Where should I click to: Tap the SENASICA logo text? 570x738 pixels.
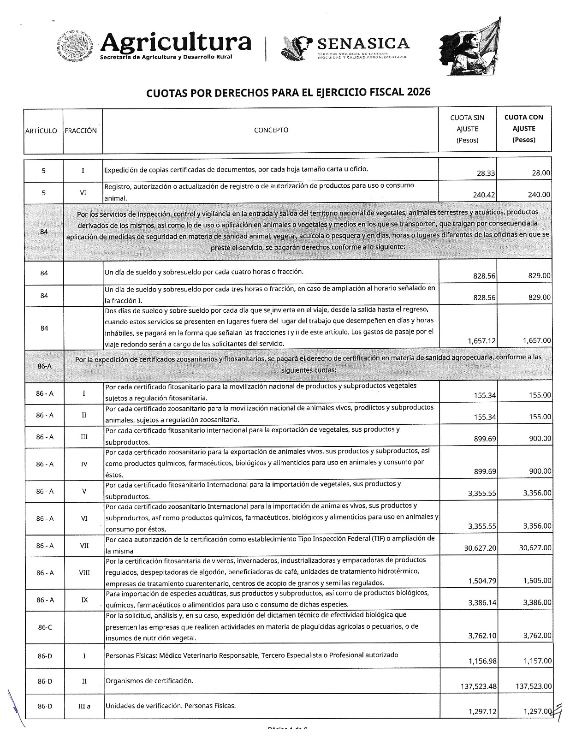pyautogui.click(x=363, y=44)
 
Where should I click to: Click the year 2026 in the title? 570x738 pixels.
pyautogui.click(x=419, y=92)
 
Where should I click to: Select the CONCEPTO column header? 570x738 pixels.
pyautogui.click(x=271, y=130)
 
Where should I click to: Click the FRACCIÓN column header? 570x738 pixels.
pyautogui.click(x=81, y=131)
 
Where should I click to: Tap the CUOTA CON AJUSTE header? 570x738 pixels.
pyautogui.click(x=524, y=129)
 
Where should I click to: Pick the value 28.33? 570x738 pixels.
pyautogui.click(x=486, y=173)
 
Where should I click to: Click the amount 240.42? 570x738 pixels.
pyautogui.click(x=484, y=195)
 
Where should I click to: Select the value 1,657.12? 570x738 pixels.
pyautogui.click(x=482, y=341)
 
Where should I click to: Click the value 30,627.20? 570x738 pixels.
pyautogui.click(x=480, y=548)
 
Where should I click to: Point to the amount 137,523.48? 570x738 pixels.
pyautogui.click(x=479, y=686)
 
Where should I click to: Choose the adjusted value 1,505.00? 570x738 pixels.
pyautogui.click(x=537, y=581)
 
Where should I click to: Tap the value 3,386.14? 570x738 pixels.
pyautogui.click(x=482, y=603)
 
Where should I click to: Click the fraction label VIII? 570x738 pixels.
pyautogui.click(x=84, y=573)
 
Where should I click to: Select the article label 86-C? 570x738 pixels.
pyautogui.click(x=44, y=627)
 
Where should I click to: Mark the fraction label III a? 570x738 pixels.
pyautogui.click(x=84, y=706)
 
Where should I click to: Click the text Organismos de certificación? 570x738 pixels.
pyautogui.click(x=149, y=681)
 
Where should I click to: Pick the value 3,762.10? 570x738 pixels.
pyautogui.click(x=482, y=636)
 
